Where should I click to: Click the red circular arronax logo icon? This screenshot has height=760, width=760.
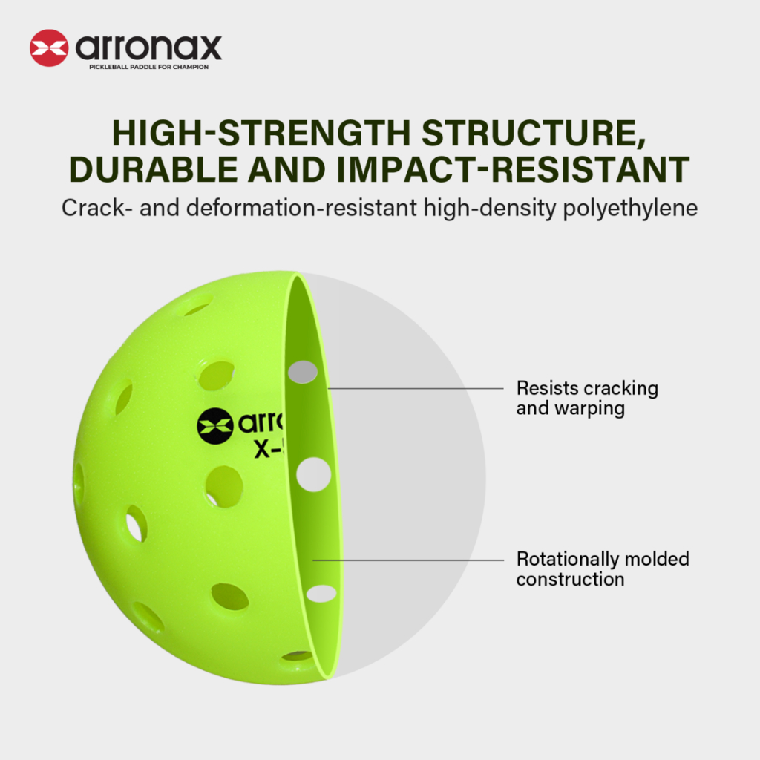(x=49, y=48)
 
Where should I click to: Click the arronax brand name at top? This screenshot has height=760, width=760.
(x=148, y=48)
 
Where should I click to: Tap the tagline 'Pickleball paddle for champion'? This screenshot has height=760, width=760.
(x=148, y=67)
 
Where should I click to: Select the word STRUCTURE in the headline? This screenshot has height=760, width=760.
(x=534, y=134)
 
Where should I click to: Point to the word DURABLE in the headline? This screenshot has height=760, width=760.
(x=153, y=170)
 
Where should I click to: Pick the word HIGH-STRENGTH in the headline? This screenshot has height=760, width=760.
(x=262, y=133)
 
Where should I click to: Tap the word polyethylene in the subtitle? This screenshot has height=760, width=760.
(x=630, y=209)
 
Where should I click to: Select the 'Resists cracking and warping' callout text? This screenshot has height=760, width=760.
(x=588, y=398)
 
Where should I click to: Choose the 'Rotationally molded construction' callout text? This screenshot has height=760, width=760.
(x=603, y=569)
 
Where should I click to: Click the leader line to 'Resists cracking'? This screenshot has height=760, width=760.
(x=416, y=388)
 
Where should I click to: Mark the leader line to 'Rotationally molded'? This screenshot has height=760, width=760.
(x=409, y=560)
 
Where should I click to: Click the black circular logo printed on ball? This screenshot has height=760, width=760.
(x=215, y=426)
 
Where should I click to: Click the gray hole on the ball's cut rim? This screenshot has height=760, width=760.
(x=303, y=372)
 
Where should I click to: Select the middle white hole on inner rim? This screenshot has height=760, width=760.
(x=314, y=474)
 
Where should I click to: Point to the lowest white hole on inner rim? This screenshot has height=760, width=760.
(x=321, y=593)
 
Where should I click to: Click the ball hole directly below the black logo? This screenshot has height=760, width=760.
(x=224, y=487)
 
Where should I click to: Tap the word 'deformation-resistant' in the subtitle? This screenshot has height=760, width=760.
(x=301, y=208)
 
